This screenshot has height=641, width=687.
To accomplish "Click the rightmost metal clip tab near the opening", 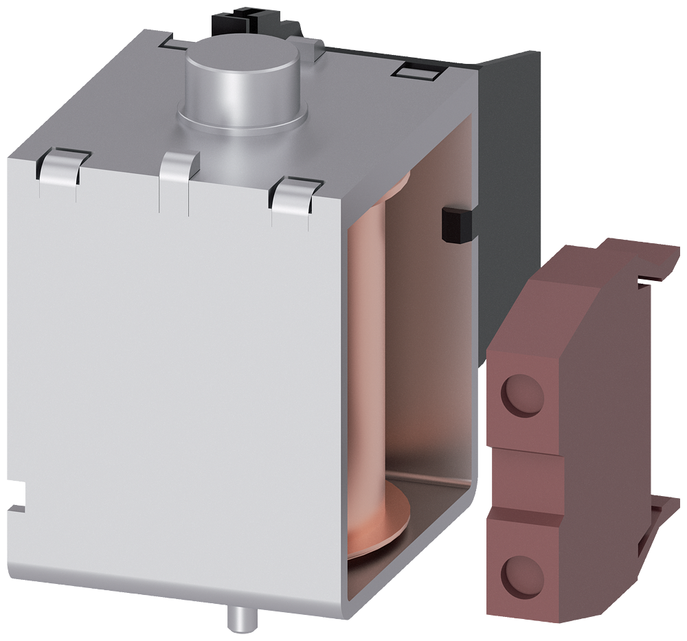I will pos(295,192).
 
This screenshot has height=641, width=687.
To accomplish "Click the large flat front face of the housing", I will pos(172,378).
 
